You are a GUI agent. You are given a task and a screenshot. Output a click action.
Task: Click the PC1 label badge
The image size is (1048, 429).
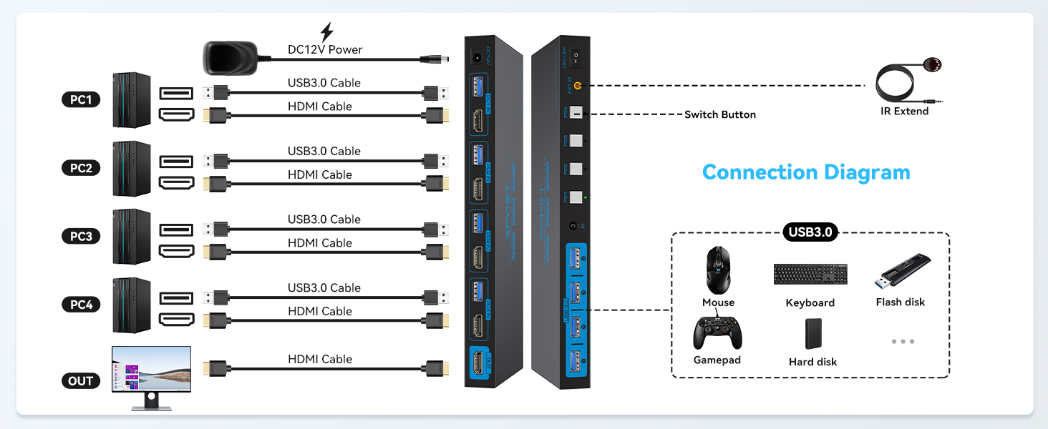(x=81, y=99)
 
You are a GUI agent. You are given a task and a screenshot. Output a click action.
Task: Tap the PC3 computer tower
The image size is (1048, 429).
(x=132, y=237)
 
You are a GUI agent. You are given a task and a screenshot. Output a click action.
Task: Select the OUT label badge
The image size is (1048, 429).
(x=81, y=380)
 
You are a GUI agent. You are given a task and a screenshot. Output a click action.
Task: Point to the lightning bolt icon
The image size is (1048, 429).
(x=326, y=32)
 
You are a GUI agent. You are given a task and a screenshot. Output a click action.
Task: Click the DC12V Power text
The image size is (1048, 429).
(x=325, y=49)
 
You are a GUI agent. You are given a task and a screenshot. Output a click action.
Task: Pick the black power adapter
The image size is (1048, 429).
(x=230, y=57)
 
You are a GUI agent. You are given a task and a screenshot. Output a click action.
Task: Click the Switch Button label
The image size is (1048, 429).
(x=719, y=114)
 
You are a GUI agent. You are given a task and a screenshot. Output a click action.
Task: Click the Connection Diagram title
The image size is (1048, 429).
(x=806, y=172)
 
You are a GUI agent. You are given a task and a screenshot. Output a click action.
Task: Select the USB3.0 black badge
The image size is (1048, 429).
(x=810, y=232)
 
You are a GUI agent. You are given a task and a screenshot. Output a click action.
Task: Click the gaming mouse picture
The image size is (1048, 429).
(x=717, y=270)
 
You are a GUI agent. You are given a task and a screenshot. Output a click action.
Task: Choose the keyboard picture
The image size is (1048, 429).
(x=810, y=274)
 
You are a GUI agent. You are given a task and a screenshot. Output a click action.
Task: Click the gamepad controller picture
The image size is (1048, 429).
(x=717, y=332)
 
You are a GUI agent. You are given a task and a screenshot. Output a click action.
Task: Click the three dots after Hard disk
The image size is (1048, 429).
(x=903, y=342)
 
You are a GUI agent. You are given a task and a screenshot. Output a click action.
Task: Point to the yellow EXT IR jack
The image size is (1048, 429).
(x=578, y=86)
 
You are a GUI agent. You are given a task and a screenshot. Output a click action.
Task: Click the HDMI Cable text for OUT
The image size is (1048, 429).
(x=320, y=359)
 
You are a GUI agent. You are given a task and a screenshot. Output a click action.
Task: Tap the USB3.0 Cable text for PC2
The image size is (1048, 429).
(x=324, y=151)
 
